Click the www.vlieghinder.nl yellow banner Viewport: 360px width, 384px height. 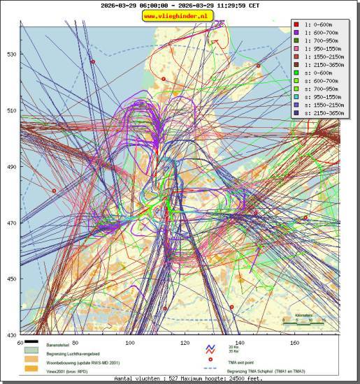[x=179, y=15]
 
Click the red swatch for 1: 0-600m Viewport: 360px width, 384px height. [x=298, y=23]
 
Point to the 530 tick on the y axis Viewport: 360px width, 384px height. [x=11, y=54]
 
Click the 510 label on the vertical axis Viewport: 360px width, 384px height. [x=11, y=110]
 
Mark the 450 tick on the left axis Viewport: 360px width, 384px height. [x=11, y=279]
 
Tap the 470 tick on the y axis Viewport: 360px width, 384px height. [x=11, y=223]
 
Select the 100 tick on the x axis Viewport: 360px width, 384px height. [x=130, y=343]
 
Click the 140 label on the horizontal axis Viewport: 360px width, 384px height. [x=240, y=343]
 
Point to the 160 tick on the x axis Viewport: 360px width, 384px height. [x=294, y=343]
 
